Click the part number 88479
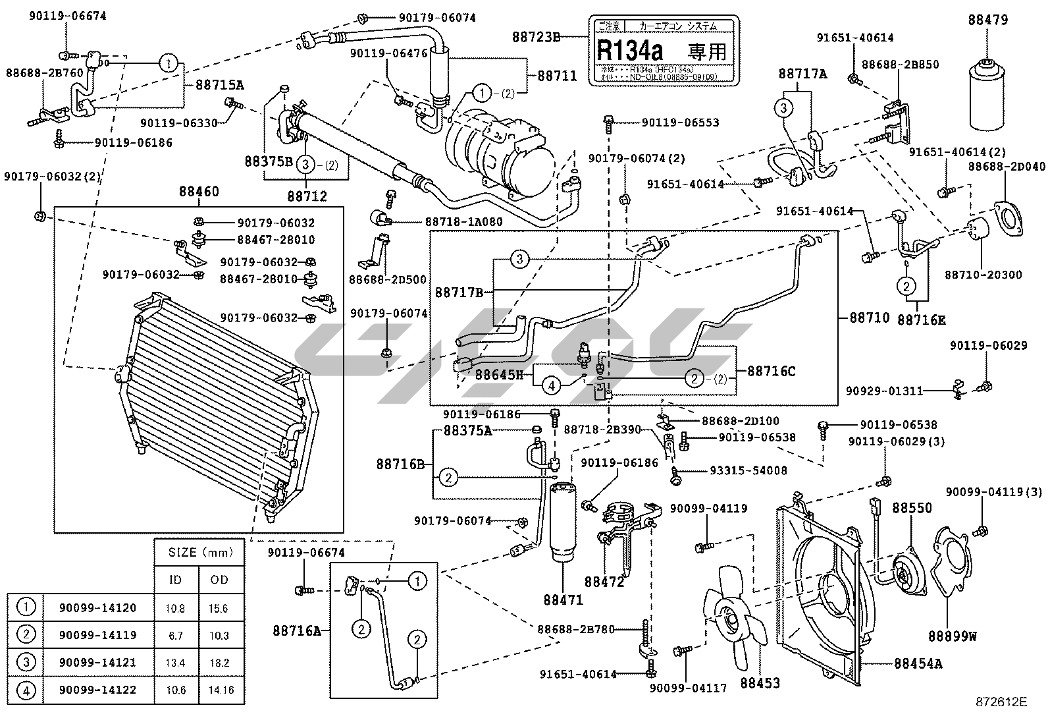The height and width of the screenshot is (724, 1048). tap(987, 20)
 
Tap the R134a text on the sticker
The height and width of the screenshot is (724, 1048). tap(630, 49)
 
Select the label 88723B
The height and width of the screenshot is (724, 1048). tap(536, 38)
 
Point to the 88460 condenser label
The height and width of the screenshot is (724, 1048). tap(199, 192)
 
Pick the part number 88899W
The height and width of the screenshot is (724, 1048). tap(952, 636)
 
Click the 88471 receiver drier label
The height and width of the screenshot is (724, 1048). tap(563, 599)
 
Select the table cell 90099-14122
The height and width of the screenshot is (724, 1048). tap(97, 690)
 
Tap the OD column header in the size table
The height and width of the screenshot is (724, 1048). tap(219, 580)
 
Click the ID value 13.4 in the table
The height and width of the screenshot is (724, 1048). tap(175, 662)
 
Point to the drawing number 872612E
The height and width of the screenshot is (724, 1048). tap(1001, 702)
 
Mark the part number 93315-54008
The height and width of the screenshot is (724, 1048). tap(748, 470)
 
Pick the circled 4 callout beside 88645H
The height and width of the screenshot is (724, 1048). tap(552, 385)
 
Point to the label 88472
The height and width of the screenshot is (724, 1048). tap(604, 582)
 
